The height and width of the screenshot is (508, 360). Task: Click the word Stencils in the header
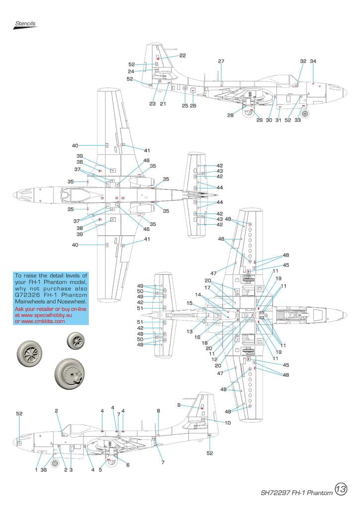tap(25, 23)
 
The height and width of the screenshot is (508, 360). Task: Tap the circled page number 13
tap(341, 489)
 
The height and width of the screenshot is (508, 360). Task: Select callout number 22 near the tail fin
tap(183, 56)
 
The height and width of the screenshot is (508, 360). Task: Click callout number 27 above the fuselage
tap(221, 62)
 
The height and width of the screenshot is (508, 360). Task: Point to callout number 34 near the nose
tap(313, 62)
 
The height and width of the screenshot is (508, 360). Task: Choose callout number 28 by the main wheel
tap(230, 115)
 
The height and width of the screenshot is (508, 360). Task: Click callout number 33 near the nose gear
tap(297, 120)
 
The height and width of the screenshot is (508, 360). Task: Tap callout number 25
tap(185, 106)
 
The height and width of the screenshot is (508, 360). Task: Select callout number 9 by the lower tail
tap(179, 405)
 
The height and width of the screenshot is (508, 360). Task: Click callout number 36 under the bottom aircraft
tap(44, 470)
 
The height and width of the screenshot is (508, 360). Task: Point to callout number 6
tap(128, 465)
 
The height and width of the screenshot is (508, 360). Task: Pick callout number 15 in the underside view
tap(189, 303)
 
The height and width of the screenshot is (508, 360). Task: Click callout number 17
tap(208, 288)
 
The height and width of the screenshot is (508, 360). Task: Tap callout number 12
tap(215, 359)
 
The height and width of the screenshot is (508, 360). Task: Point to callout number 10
tap(227, 423)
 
